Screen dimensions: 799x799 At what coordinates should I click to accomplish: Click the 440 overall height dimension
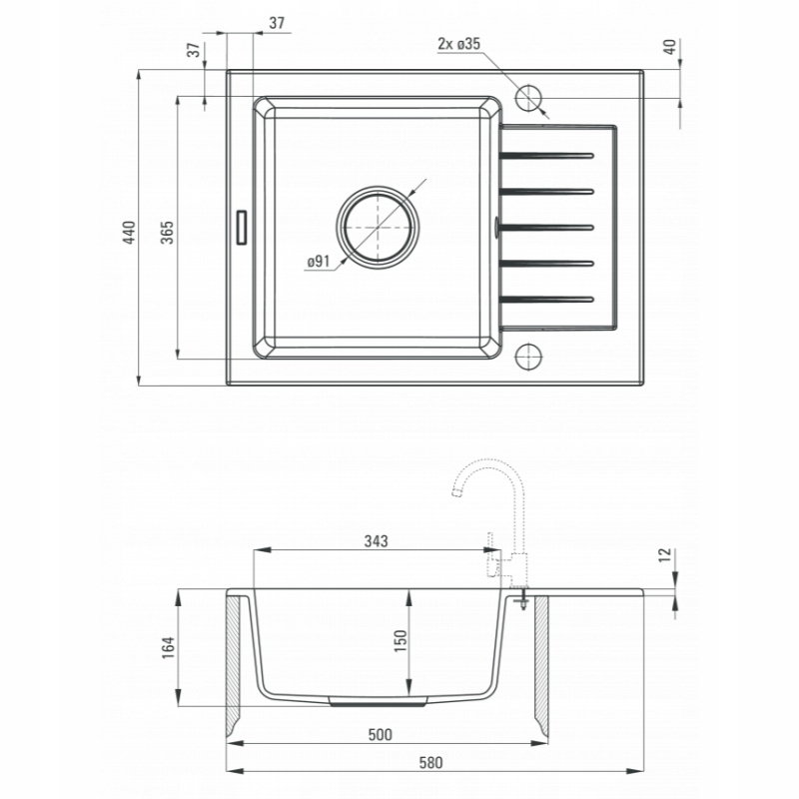(130, 233)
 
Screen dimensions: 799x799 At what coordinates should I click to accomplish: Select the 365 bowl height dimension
(168, 233)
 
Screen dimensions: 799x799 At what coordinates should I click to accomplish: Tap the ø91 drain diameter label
(319, 262)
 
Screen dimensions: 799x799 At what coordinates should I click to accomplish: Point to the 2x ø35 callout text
(458, 44)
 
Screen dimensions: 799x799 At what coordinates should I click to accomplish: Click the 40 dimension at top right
(670, 47)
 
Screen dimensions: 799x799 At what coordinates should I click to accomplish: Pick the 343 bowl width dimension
(377, 540)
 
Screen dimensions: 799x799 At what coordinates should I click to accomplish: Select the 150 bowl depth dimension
(401, 641)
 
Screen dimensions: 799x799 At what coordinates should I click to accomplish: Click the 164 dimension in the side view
(168, 647)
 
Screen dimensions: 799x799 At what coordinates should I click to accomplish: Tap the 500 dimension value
(381, 734)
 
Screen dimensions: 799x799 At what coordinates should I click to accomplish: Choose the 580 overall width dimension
(430, 763)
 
